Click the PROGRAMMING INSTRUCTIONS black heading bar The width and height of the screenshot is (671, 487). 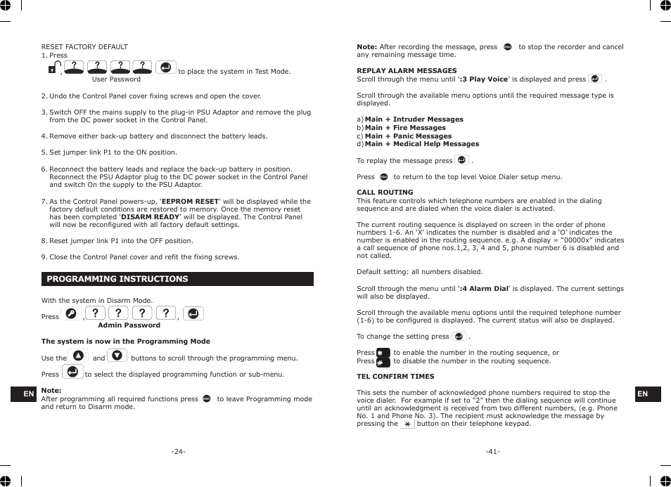[177, 279]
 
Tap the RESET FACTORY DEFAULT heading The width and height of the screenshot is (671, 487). [84, 47]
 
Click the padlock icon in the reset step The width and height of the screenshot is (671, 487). [53, 69]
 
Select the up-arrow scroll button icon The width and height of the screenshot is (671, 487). [78, 356]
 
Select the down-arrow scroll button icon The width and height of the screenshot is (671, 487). [117, 356]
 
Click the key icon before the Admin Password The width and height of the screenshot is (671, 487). [70, 314]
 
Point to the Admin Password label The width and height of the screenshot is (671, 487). [129, 325]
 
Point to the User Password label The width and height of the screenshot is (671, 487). [116, 79]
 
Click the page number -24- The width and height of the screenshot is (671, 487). [178, 451]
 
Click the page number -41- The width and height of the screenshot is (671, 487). [492, 451]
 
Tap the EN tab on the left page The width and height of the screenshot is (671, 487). [29, 394]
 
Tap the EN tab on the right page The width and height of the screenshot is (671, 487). [642, 394]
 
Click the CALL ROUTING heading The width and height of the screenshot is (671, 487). [385, 193]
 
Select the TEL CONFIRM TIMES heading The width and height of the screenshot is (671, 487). [395, 377]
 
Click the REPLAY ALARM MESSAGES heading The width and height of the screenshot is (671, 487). [407, 71]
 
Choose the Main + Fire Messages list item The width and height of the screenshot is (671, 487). [405, 128]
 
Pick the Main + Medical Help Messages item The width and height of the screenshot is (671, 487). [421, 144]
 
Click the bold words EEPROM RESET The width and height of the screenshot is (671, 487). [190, 202]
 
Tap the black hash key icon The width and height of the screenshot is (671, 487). [383, 362]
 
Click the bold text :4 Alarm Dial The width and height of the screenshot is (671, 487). [484, 289]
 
